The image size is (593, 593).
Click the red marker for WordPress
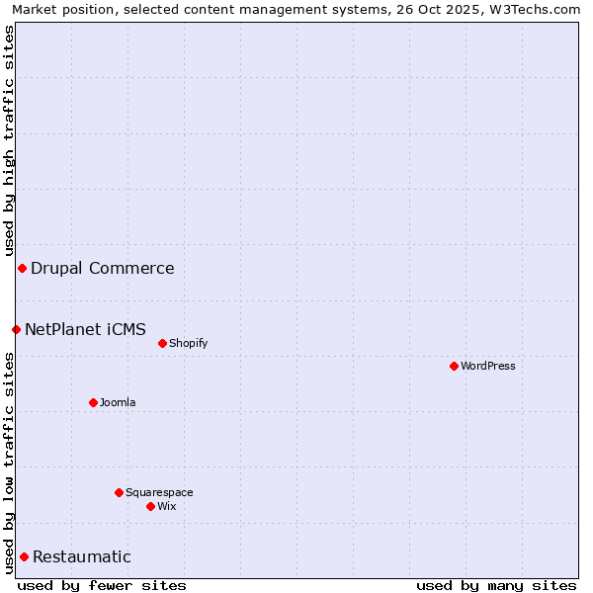(454, 366)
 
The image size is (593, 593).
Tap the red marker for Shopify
(162, 343)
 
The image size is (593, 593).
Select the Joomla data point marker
(93, 402)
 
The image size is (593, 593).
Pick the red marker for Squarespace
(119, 492)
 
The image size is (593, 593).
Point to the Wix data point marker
(150, 506)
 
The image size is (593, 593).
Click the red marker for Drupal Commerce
(22, 268)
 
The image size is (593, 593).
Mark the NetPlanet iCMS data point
(16, 329)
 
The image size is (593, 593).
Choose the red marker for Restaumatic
(24, 556)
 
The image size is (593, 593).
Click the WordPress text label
(488, 366)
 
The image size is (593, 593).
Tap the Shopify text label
(188, 343)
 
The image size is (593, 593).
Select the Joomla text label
(118, 402)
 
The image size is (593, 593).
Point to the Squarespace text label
(159, 492)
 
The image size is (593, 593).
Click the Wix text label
(167, 506)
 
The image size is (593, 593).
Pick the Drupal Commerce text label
(103, 268)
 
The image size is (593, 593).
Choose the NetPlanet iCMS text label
(85, 329)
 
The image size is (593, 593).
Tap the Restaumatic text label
(82, 556)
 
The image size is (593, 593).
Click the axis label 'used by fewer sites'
(102, 585)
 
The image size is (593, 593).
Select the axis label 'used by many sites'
(496, 585)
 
